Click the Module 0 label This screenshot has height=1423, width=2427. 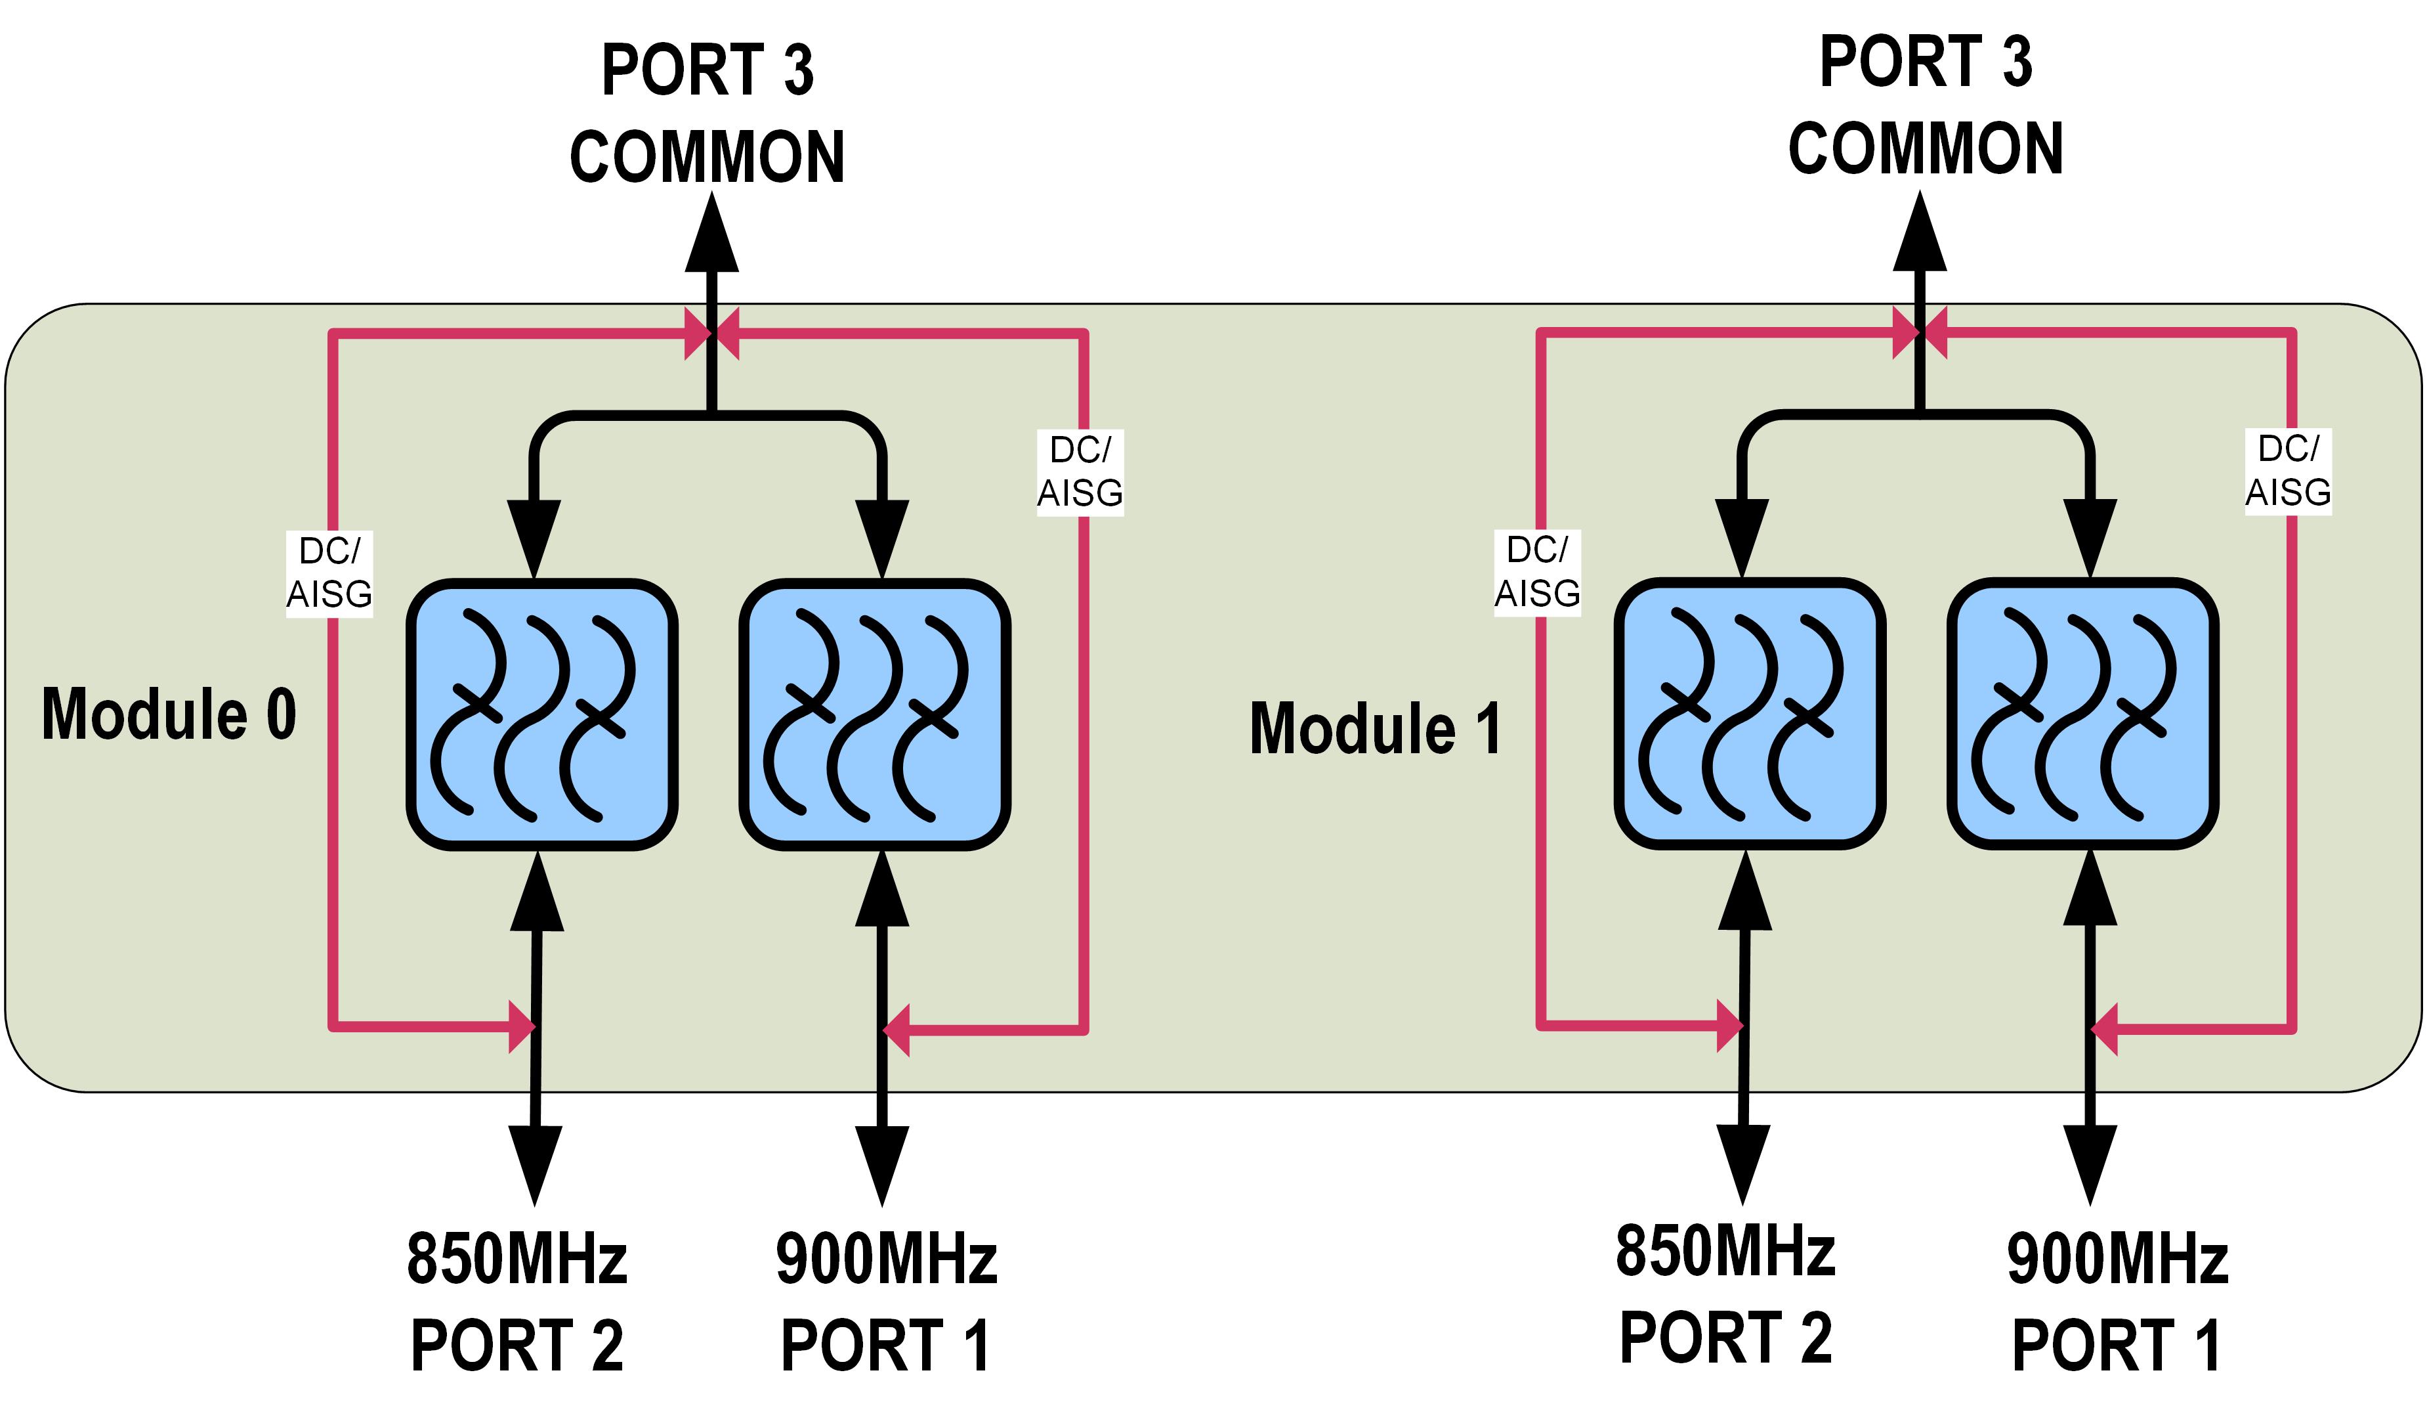[169, 715]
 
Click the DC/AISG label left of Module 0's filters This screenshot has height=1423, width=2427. [329, 573]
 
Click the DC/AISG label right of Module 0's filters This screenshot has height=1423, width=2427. [1080, 472]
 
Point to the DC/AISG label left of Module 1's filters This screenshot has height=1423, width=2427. [1537, 572]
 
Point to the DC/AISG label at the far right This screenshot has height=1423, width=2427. [2289, 471]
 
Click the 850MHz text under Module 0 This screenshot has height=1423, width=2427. [517, 1259]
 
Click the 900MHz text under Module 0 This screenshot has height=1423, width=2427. [886, 1259]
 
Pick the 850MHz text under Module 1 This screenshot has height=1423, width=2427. [1725, 1252]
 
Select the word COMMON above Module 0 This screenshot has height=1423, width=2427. [707, 157]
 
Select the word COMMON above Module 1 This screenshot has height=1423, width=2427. [1925, 149]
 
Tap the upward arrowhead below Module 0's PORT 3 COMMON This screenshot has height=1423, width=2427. [711, 234]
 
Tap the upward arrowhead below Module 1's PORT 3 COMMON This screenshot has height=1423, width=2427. [1920, 233]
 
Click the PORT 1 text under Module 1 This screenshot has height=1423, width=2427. [2116, 1346]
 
